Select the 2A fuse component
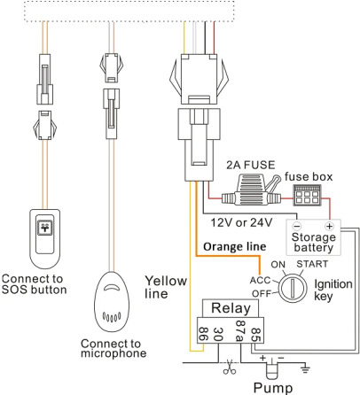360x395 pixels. coord(250,189)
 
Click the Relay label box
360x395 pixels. coord(231,309)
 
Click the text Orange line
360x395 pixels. coord(235,246)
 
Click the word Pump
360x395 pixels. coord(272,386)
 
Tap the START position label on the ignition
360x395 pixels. coord(314,264)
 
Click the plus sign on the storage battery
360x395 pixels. coord(329,225)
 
